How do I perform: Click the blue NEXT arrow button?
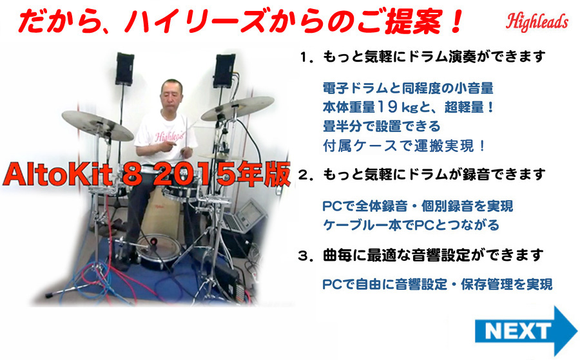[x=525, y=331]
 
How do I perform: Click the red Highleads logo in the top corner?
[x=537, y=22]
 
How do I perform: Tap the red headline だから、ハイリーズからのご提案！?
[x=240, y=21]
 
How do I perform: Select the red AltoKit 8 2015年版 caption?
[x=147, y=173]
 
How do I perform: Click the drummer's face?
[x=171, y=95]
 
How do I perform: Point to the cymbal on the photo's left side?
[x=97, y=126]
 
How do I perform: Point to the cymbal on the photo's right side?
[x=237, y=108]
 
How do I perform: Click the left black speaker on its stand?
[x=124, y=69]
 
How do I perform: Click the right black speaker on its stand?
[x=224, y=71]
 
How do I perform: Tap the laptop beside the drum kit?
[x=244, y=216]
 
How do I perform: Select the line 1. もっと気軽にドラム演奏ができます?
[x=422, y=57]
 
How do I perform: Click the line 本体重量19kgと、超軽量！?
[x=408, y=107]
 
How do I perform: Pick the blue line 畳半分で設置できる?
[x=382, y=126]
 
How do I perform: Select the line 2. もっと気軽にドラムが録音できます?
[x=422, y=174]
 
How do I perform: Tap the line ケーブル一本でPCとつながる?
[x=411, y=225]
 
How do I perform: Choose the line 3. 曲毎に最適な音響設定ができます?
[x=421, y=255]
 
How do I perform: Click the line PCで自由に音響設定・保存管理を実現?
[x=437, y=285]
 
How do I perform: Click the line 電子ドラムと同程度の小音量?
[x=408, y=88]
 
